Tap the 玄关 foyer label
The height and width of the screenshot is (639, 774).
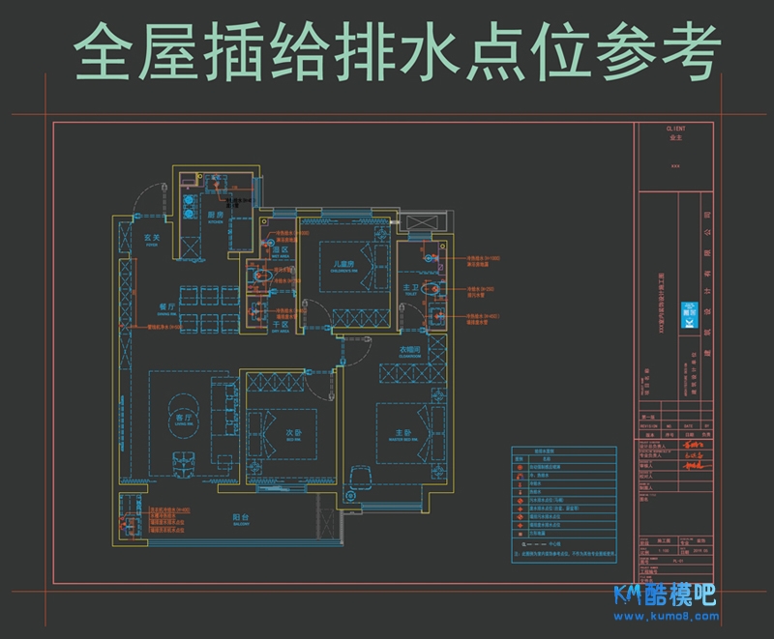tap(152, 238)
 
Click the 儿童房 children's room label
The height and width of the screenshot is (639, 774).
tap(346, 264)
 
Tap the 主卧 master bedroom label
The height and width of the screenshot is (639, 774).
tap(402, 432)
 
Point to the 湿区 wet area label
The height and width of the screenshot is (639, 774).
tap(281, 250)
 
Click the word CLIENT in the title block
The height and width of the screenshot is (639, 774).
tap(675, 129)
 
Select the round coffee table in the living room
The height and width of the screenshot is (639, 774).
tap(180, 406)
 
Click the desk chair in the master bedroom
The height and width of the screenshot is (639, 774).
tap(363, 471)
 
